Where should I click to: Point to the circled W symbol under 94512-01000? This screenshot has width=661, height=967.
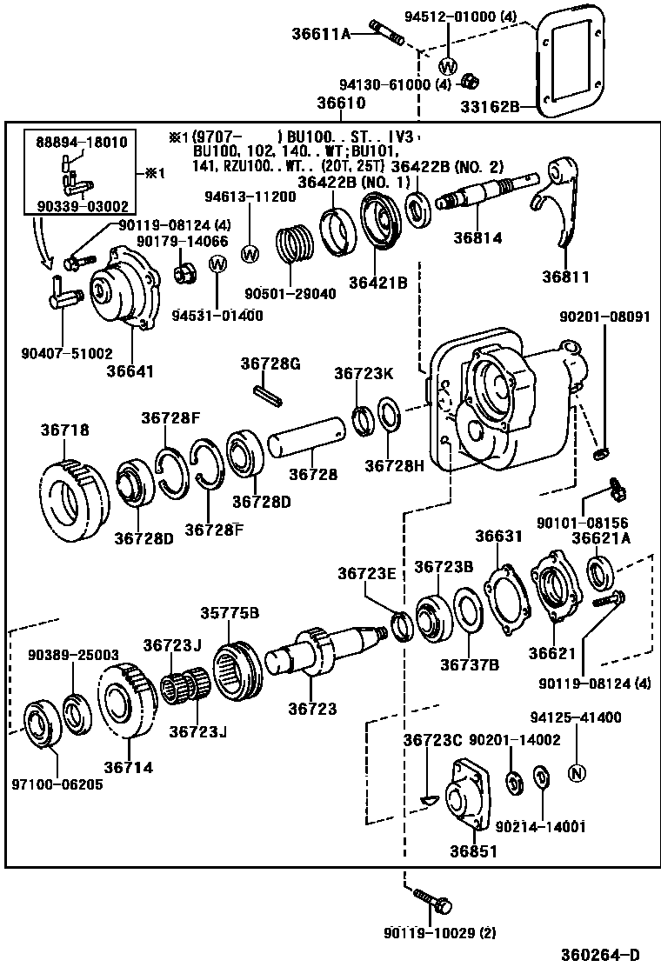point(448,67)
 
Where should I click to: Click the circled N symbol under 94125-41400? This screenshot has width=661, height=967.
point(575,771)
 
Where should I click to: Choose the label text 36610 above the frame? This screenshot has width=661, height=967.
point(340,103)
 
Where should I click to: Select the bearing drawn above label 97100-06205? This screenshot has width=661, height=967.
point(40,721)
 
